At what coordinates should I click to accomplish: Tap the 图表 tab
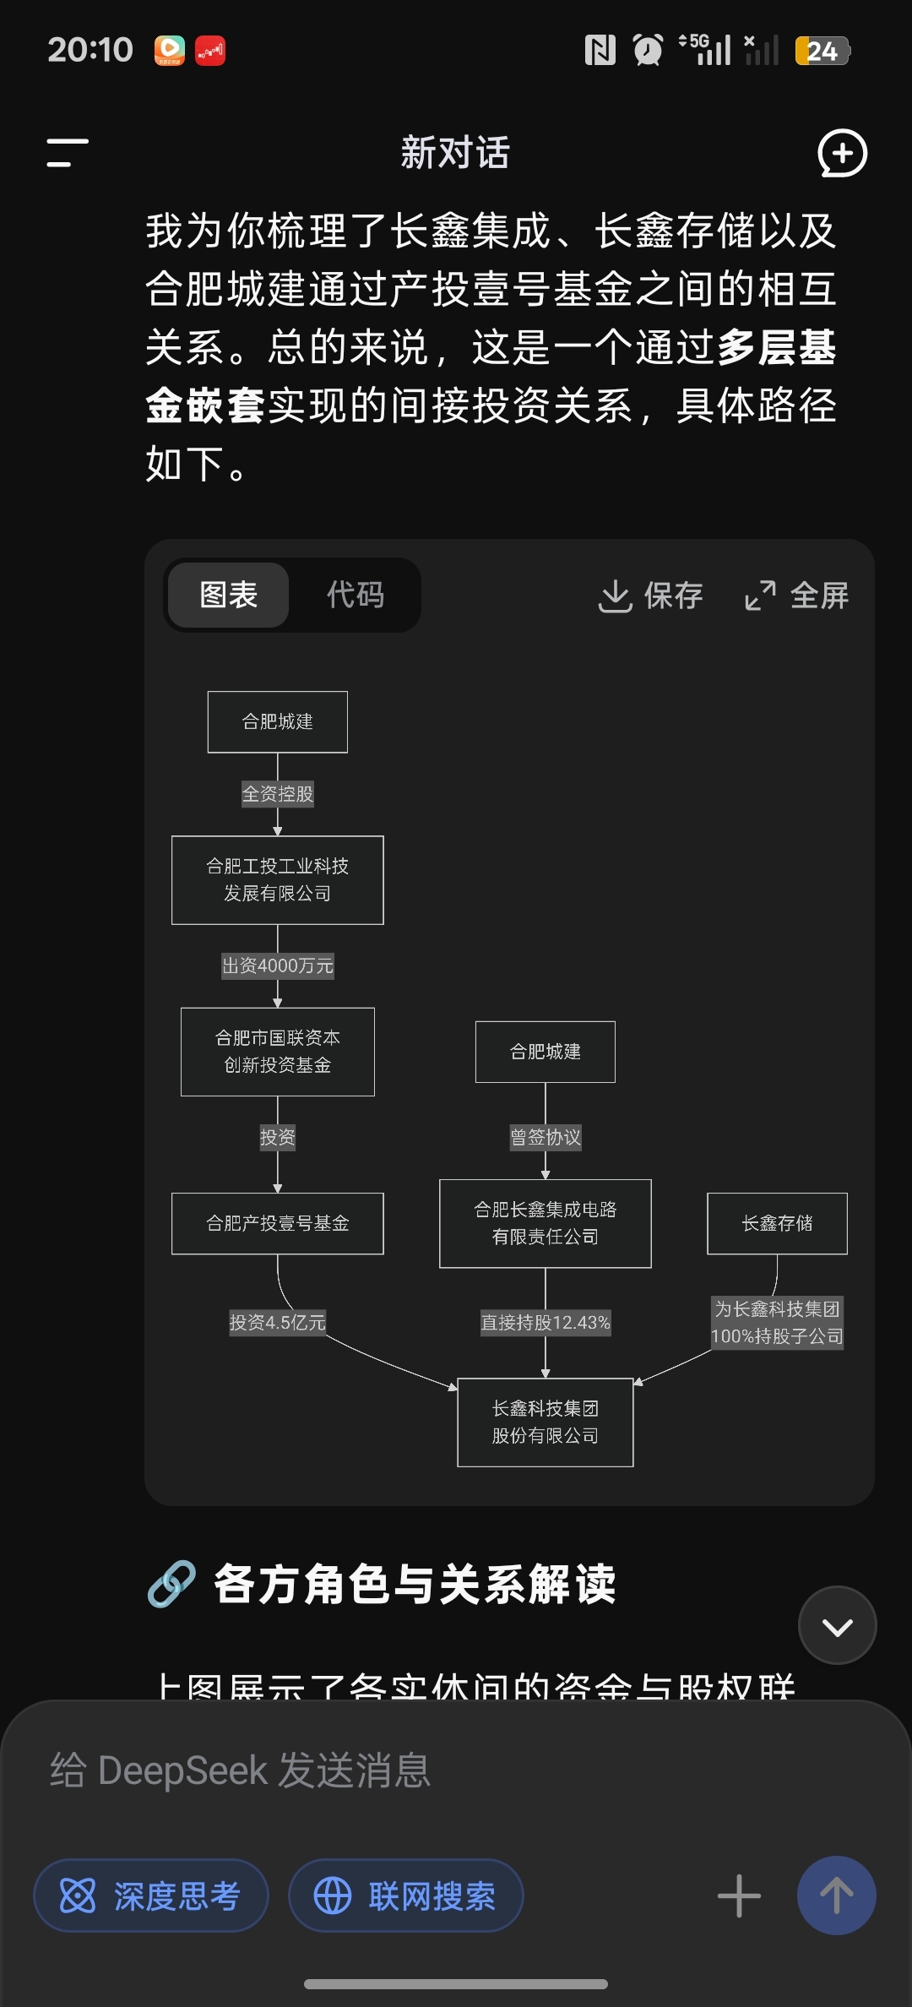[228, 595]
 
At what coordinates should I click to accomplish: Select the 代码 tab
[356, 595]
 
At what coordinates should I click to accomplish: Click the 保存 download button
[650, 596]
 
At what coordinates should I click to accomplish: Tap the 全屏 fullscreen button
[796, 596]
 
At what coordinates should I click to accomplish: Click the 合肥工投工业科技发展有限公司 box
[277, 879]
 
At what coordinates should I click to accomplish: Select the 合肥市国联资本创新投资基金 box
[277, 1051]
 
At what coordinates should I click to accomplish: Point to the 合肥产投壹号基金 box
[277, 1223]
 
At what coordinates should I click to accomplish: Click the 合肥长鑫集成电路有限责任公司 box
[545, 1223]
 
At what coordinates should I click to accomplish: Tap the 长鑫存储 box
[777, 1223]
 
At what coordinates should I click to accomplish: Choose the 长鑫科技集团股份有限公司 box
[545, 1422]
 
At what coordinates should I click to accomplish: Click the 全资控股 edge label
[277, 794]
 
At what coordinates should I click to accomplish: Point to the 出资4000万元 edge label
[277, 965]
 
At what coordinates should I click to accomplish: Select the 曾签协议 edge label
[545, 1137]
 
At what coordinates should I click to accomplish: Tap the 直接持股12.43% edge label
[545, 1322]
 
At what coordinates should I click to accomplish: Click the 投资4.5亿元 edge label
[277, 1322]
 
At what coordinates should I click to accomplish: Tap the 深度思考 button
[151, 1896]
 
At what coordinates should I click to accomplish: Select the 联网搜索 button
[406, 1896]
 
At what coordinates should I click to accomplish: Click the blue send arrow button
[836, 1895]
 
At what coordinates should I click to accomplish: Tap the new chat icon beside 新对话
[842, 153]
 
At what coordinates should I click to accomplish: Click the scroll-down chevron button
[837, 1625]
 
